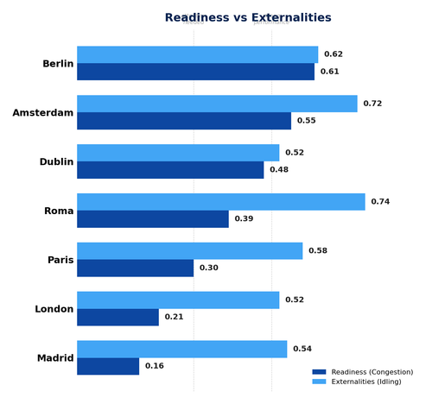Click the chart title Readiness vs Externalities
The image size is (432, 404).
248,18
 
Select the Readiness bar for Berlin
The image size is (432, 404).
195,72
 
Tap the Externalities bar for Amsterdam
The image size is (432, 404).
217,104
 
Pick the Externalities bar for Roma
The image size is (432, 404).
220,202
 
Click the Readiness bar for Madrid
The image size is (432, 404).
108,366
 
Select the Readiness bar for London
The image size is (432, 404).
118,317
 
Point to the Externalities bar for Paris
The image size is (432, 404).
189,251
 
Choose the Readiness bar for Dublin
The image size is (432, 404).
170,170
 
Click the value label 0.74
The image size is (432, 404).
380,202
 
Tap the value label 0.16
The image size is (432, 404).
155,366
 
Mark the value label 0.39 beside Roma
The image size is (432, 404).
244,219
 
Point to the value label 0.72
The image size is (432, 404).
372,104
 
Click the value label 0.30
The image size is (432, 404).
209,268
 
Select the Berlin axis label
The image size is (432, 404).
58,64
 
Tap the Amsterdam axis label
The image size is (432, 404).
42,112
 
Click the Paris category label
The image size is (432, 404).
60,260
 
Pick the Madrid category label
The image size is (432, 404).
55,358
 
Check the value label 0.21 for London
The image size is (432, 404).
174,317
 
